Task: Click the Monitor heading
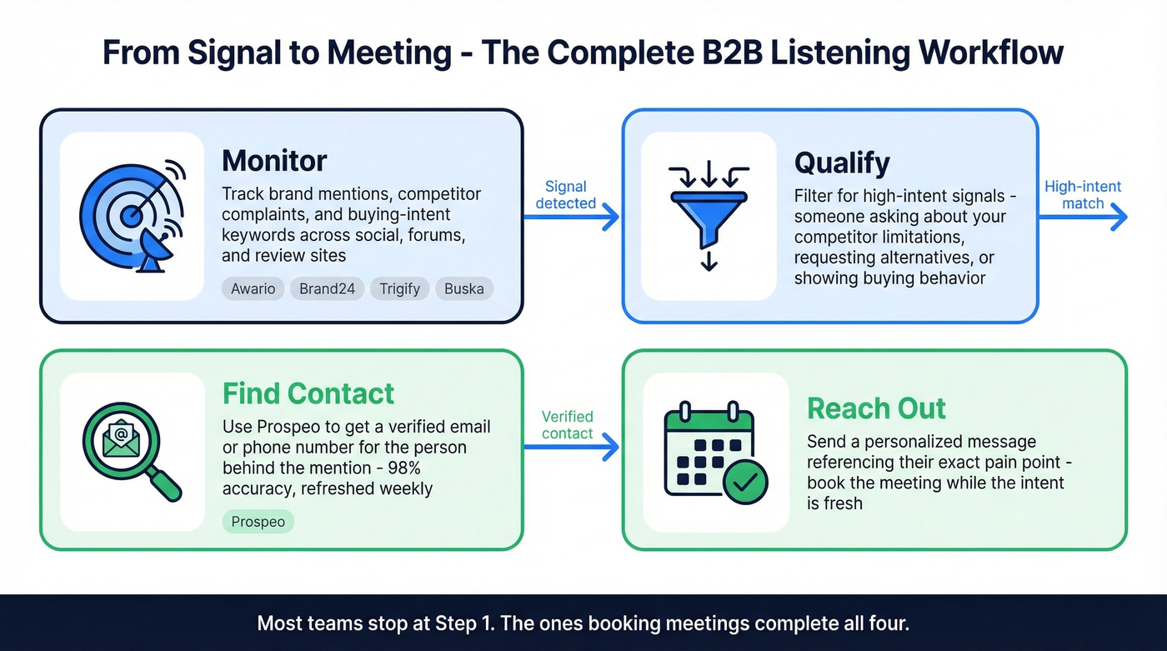click(274, 160)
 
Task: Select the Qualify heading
click(842, 163)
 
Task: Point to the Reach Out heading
click(876, 408)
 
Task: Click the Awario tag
click(253, 289)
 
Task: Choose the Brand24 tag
click(327, 289)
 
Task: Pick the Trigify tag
click(399, 289)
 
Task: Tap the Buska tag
click(463, 289)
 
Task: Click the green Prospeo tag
click(258, 522)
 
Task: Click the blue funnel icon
click(708, 215)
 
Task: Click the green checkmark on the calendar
click(745, 481)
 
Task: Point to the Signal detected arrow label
click(565, 195)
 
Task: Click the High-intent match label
click(1083, 195)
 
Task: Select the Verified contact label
click(567, 425)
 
